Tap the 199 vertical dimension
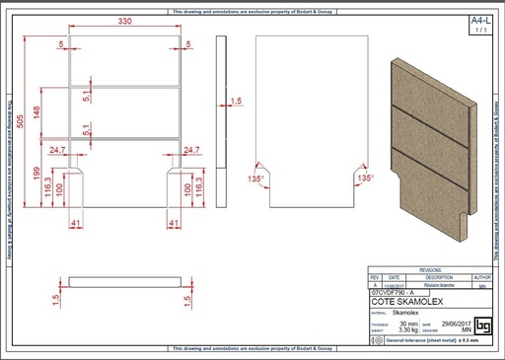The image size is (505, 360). (37, 176)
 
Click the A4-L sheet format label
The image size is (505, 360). (479, 20)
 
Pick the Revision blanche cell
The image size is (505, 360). (430, 284)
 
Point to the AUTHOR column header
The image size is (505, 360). (482, 277)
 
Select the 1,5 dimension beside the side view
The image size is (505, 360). (236, 101)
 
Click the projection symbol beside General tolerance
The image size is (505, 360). (376, 339)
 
